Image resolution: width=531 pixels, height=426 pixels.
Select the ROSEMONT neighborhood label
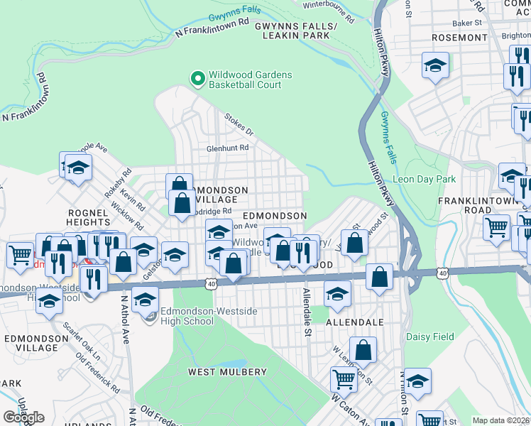[x=459, y=37]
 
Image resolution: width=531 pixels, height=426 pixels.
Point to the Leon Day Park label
[x=424, y=180]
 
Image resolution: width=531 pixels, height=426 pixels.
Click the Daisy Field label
[x=429, y=336]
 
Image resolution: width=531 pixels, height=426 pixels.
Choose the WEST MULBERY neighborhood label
[x=221, y=371]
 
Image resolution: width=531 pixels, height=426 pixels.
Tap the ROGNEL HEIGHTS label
[x=87, y=219]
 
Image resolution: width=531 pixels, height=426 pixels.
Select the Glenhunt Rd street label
[x=227, y=148]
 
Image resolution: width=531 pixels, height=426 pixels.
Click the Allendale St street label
[x=307, y=312]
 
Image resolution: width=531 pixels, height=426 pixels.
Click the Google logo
[x=23, y=417]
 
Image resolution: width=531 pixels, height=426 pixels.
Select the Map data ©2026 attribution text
[x=500, y=420]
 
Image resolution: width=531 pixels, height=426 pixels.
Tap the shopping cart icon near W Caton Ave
[x=344, y=379]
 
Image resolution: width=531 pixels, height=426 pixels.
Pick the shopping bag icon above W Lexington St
[x=363, y=349]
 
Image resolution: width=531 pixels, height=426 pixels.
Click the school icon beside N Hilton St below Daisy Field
[x=417, y=381]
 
